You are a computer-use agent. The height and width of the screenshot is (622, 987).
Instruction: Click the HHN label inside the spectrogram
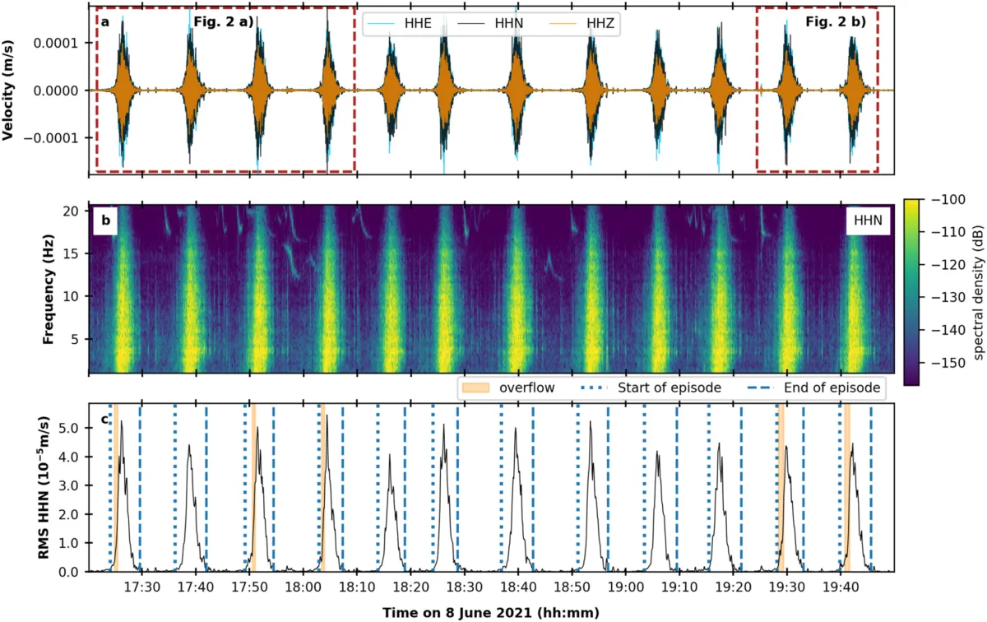click(867, 219)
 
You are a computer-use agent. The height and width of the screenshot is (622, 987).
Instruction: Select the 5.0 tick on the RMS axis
click(71, 429)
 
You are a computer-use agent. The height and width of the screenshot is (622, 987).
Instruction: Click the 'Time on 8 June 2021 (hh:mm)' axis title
click(490, 612)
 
